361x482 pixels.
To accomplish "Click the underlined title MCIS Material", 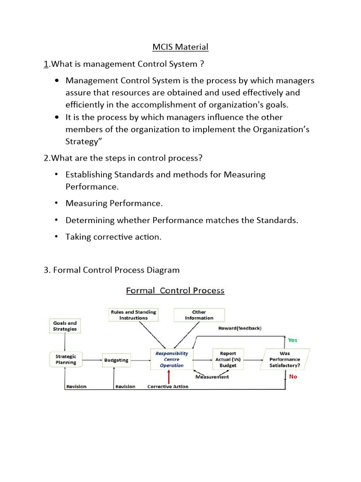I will click(x=180, y=47).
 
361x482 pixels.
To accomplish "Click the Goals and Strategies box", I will click(x=65, y=326).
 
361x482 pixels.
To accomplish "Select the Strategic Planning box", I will click(x=66, y=360).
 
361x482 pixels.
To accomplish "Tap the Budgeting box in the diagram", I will click(x=116, y=360).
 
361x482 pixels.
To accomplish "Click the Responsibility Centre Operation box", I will click(x=172, y=359).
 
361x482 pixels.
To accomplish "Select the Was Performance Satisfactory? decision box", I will click(x=285, y=359).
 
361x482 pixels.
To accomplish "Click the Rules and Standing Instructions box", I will click(x=133, y=315).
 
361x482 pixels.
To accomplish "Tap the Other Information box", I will click(x=199, y=315).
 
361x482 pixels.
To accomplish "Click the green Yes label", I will click(x=292, y=340).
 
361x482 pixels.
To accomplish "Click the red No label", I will click(x=293, y=377).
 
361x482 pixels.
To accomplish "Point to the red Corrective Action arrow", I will click(x=168, y=377).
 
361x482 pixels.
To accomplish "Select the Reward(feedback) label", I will click(x=240, y=328).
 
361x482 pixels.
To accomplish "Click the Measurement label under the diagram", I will click(x=212, y=377).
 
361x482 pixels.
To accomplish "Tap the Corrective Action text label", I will click(x=168, y=386).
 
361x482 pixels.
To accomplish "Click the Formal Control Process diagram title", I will click(x=175, y=290).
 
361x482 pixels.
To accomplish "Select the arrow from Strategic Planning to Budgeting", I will click(x=92, y=360).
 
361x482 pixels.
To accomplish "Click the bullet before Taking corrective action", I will click(x=56, y=236).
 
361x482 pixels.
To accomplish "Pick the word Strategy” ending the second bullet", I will click(x=82, y=140).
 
